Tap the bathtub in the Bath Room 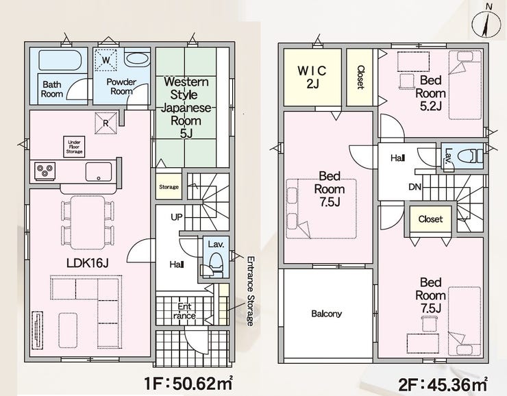click(x=60, y=60)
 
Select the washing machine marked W click(x=106, y=60)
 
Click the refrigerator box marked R click(x=106, y=123)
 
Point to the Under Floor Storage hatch click(x=74, y=147)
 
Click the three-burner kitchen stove click(x=45, y=171)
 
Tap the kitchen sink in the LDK click(x=99, y=172)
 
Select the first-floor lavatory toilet click(x=216, y=262)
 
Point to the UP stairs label click(x=177, y=217)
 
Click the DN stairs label click(x=415, y=187)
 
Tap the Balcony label click(x=326, y=314)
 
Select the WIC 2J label click(x=312, y=77)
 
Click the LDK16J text click(x=87, y=263)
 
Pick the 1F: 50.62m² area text click(x=188, y=384)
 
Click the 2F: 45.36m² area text click(x=443, y=384)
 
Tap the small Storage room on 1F click(x=169, y=187)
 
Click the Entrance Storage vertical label click(x=250, y=291)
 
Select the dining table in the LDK click(x=88, y=223)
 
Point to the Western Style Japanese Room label click(x=186, y=108)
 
